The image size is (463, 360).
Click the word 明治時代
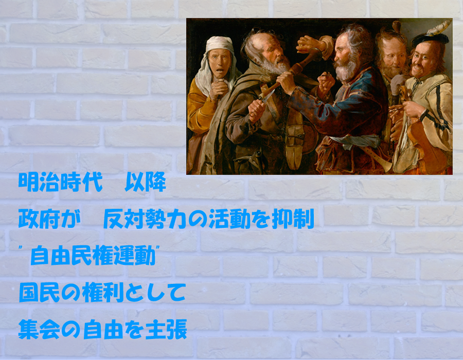60,182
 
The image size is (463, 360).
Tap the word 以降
145,182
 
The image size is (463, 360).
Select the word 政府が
49,219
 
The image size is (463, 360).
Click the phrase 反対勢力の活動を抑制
208,219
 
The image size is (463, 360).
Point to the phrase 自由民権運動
93,256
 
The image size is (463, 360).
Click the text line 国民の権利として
102,293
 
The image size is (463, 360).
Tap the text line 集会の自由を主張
102,329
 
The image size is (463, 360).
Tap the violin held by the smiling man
425,139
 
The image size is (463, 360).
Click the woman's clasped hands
218,89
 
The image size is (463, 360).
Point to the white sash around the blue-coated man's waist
354,141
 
